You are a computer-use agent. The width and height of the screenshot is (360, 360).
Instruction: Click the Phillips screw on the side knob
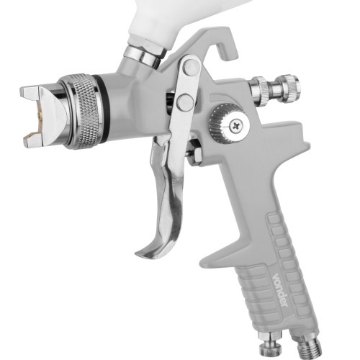click(237, 127)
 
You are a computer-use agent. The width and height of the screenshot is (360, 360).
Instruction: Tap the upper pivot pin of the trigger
click(191, 68)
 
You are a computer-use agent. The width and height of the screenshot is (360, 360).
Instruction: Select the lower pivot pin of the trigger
click(186, 102)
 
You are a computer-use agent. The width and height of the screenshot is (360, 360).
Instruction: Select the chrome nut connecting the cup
click(143, 54)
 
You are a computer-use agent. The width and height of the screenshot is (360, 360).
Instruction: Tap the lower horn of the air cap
click(33, 140)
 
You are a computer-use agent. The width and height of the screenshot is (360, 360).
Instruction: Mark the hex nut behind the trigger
click(192, 150)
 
